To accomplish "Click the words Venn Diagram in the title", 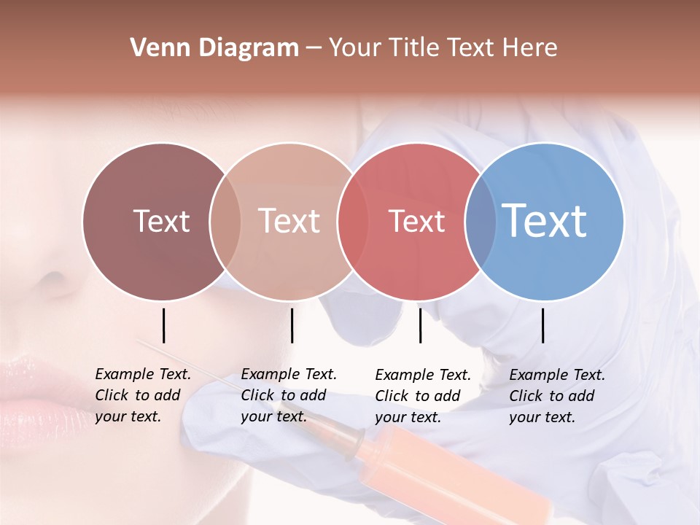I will (x=214, y=48).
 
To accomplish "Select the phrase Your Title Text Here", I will (x=443, y=48).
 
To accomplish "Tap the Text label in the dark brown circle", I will (x=161, y=221).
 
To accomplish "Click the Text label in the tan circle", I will (x=289, y=221).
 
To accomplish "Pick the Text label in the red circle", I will (x=416, y=221).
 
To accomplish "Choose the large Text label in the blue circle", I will (x=545, y=220).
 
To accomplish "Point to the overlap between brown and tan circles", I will (x=225, y=221).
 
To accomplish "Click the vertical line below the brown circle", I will (x=163, y=325).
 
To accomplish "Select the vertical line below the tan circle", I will (x=292, y=325).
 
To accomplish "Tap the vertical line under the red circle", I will (x=420, y=325).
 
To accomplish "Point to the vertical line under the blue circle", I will (x=542, y=325).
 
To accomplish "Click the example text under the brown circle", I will (x=143, y=395).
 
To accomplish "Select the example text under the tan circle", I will (x=289, y=395).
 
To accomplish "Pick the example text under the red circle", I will (x=423, y=396).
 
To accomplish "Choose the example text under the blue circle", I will (x=557, y=396).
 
